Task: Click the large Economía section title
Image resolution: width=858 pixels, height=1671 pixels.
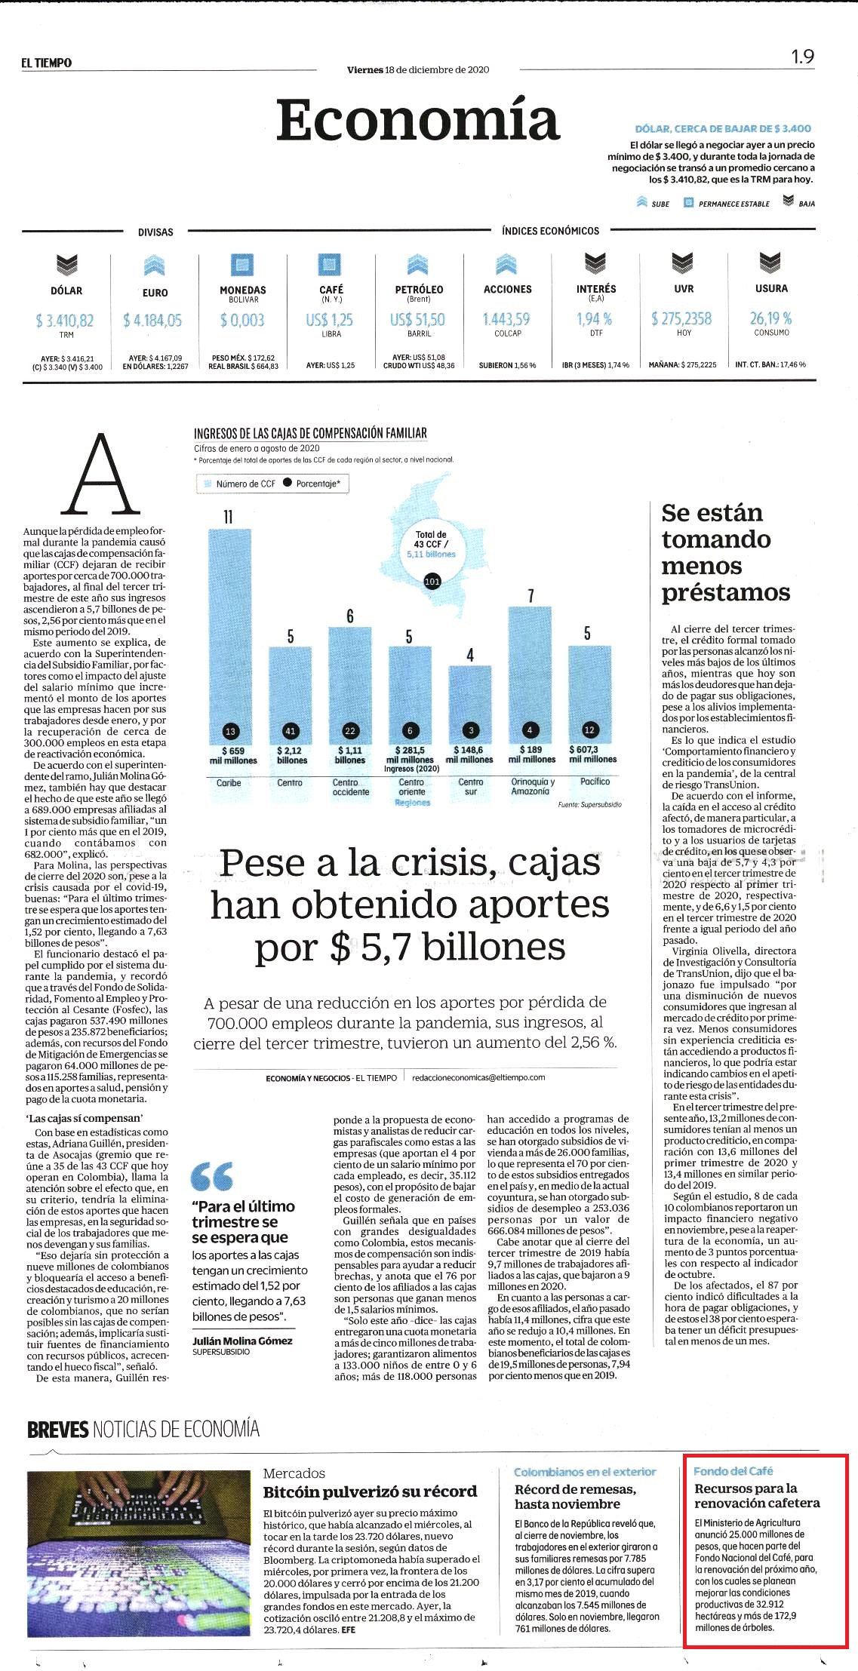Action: pos(417,121)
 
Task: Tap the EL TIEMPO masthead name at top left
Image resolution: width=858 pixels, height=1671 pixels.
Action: pos(47,63)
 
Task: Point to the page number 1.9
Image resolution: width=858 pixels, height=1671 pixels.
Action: pos(802,57)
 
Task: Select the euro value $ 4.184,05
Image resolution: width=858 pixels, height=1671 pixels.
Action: pos(152,321)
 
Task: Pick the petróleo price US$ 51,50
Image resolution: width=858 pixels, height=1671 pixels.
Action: pos(417,320)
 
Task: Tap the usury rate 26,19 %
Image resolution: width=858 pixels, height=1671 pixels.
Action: pos(770,318)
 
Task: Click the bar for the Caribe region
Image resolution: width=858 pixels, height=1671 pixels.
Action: pos(229,650)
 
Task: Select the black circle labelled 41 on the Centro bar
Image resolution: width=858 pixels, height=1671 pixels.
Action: pos(291,730)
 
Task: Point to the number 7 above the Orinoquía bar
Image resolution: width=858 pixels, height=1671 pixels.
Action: pos(530,596)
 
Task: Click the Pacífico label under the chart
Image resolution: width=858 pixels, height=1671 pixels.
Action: pos(595,782)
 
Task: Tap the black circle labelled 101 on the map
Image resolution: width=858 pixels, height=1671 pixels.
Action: pos(432,582)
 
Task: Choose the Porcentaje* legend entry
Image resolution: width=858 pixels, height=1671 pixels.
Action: pos(312,484)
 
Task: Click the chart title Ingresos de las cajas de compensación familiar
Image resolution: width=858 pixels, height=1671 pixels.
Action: pos(310,433)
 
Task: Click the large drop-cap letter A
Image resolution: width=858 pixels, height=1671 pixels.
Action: pos(101,474)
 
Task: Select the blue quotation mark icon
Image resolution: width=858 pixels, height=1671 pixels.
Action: pos(212,1175)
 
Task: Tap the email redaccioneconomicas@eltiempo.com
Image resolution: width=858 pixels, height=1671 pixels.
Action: pos(478,1077)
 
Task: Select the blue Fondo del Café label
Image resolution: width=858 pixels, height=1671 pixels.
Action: pos(733,1470)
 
